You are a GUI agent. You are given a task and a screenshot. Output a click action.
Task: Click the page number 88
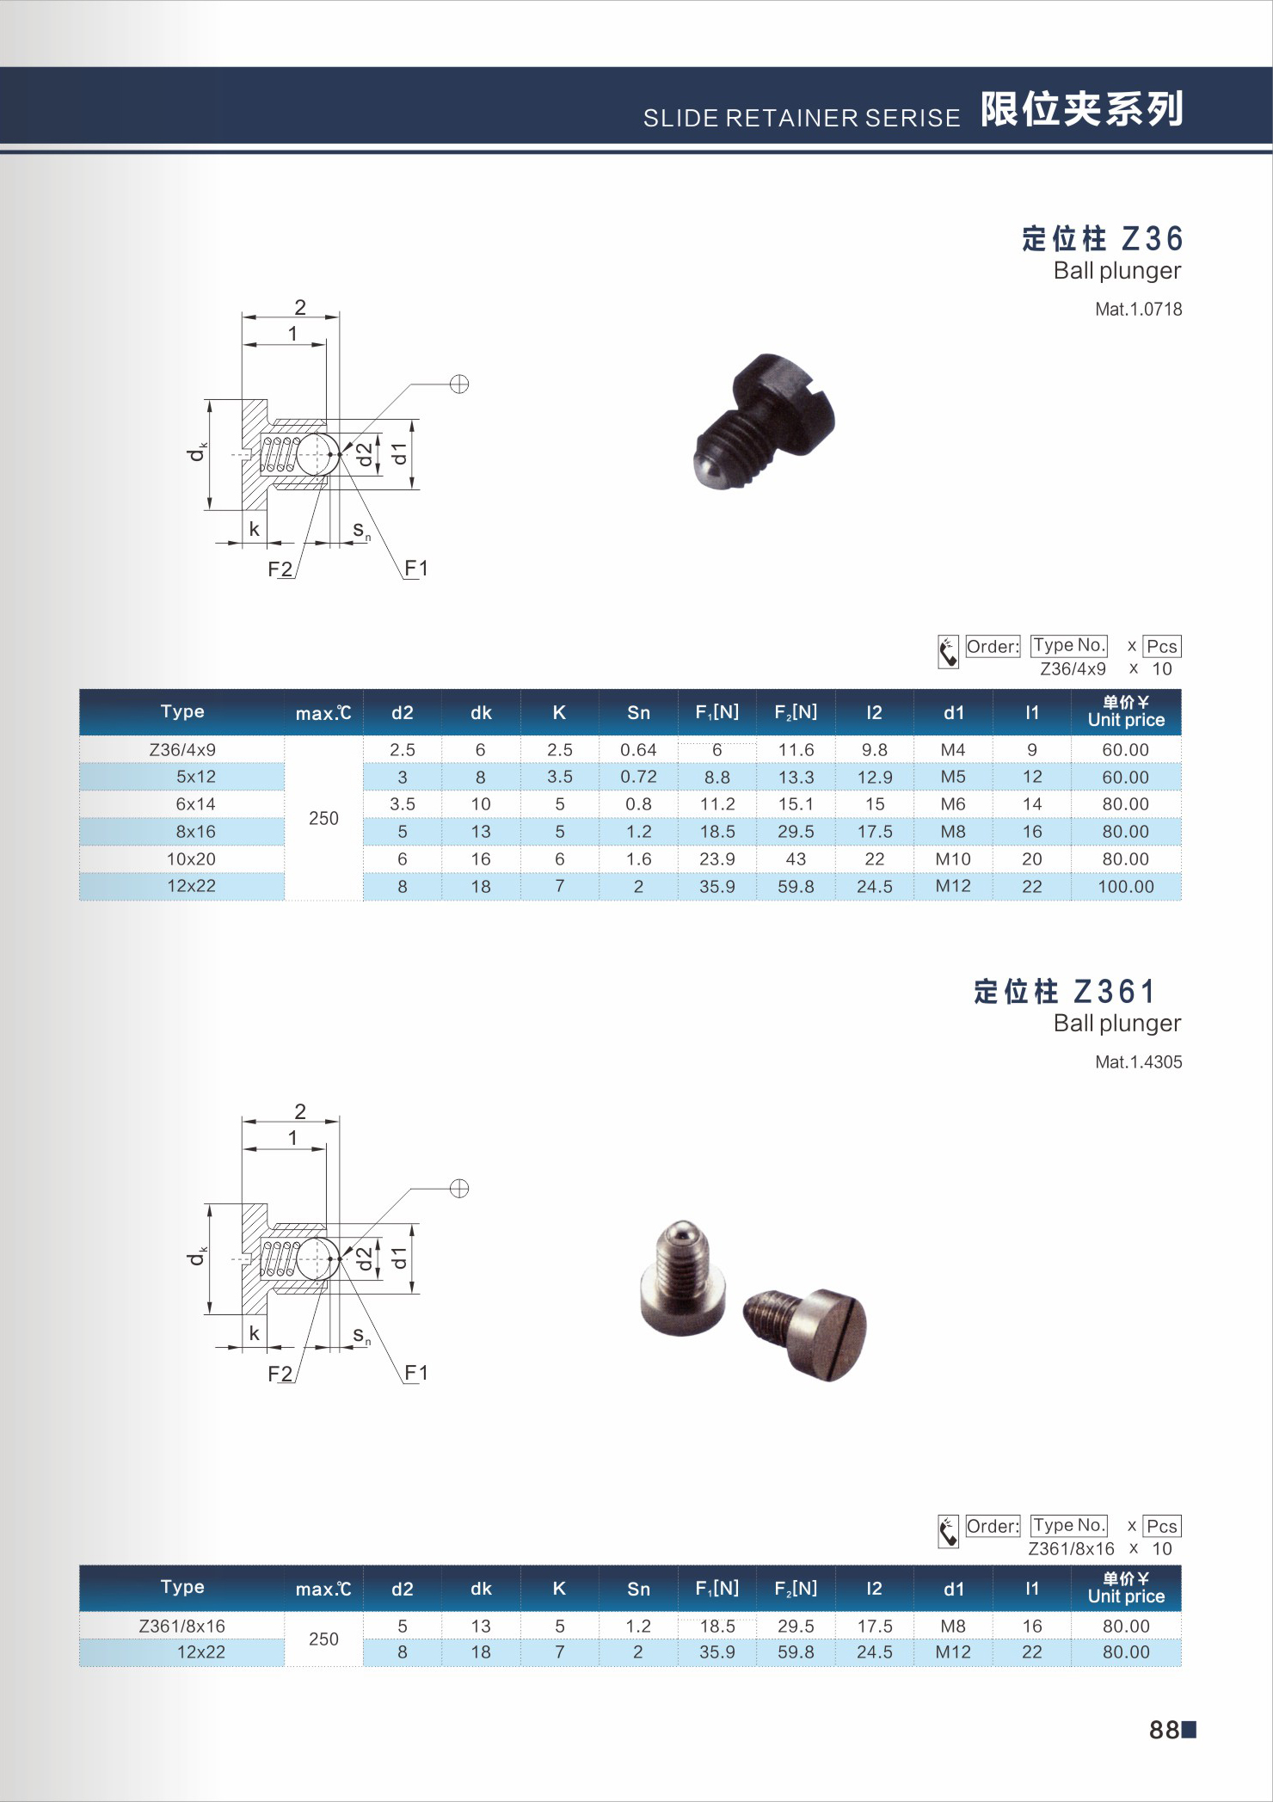click(x=1164, y=1730)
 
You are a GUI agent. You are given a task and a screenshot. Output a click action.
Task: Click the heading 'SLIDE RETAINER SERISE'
click(x=802, y=118)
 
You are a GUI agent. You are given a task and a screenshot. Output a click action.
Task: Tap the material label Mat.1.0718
click(x=1138, y=310)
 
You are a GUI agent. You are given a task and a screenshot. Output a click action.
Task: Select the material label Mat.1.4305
click(x=1138, y=1062)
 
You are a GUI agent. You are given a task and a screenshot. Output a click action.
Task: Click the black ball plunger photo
click(x=764, y=421)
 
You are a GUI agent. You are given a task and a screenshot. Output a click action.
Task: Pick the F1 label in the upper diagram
click(x=416, y=569)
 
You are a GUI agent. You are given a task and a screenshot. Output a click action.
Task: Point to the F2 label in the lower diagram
click(x=280, y=1374)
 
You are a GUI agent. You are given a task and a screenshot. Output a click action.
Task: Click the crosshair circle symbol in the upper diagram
click(x=459, y=384)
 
